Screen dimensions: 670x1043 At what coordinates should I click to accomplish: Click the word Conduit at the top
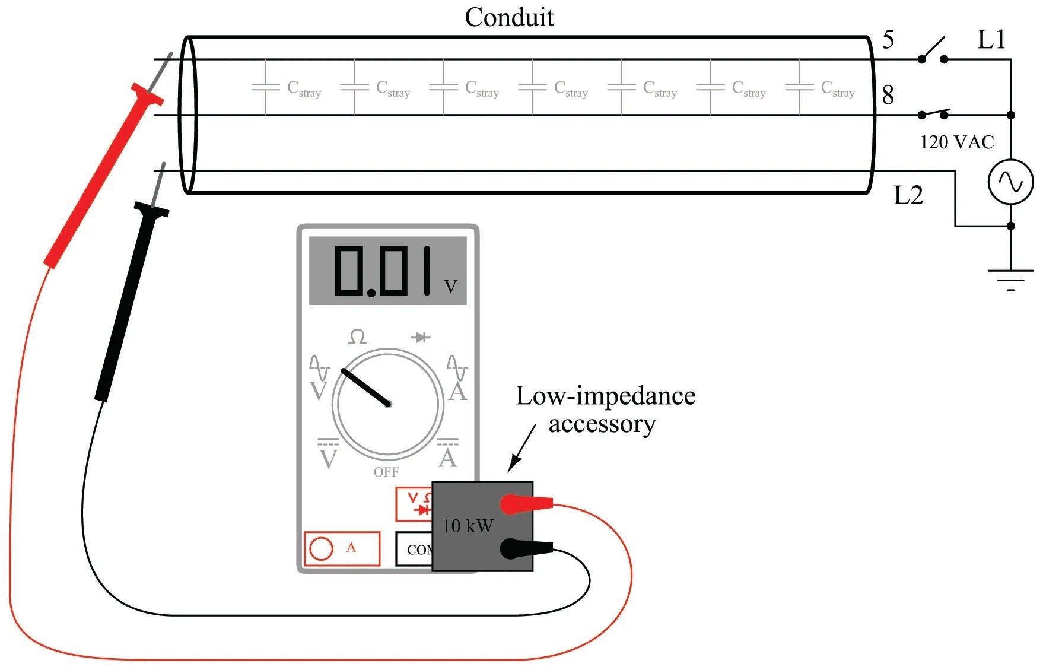(509, 17)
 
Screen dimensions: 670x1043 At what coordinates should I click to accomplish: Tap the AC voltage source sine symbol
(1010, 182)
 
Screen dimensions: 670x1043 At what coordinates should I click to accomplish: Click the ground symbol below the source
(1010, 280)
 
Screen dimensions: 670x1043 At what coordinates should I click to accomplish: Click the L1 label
(991, 40)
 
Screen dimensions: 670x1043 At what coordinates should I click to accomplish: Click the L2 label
(908, 195)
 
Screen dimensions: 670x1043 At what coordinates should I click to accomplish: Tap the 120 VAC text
(956, 142)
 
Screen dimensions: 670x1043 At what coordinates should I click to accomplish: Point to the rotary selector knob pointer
(365, 387)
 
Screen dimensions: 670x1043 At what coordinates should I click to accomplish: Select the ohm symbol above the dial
(357, 337)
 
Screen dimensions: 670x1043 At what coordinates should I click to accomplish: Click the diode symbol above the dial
(421, 338)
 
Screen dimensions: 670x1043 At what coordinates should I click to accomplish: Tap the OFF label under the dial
(386, 472)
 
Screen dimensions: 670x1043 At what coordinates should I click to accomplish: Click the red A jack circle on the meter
(321, 548)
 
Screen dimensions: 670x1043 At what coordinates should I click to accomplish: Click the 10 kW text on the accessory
(468, 526)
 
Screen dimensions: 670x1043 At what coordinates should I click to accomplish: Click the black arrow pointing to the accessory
(522, 448)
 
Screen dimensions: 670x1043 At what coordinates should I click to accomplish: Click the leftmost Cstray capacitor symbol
(265, 87)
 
